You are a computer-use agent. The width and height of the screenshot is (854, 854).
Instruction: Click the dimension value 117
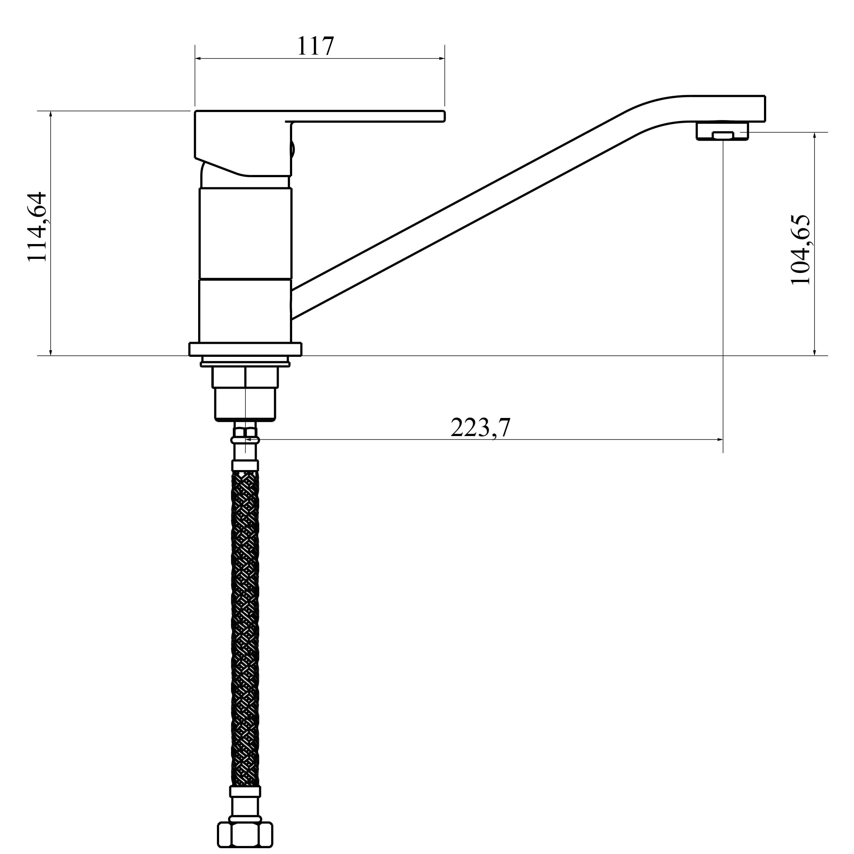click(x=315, y=46)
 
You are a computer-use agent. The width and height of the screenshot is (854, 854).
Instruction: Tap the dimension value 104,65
click(x=800, y=250)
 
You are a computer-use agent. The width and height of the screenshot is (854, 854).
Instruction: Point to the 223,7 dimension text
click(x=481, y=427)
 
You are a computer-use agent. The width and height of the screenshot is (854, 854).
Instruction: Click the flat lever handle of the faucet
click(x=319, y=116)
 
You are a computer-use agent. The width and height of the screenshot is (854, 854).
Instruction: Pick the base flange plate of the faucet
click(x=245, y=349)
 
